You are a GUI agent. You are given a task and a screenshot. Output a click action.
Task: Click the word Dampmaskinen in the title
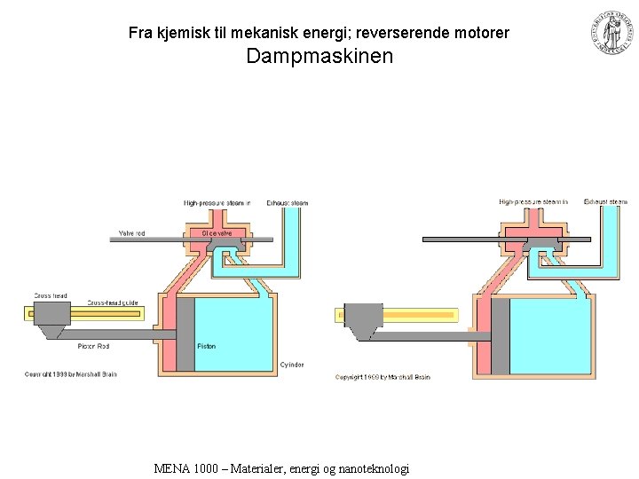pyautogui.click(x=319, y=58)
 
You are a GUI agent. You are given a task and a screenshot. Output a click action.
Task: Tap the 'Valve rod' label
pyautogui.click(x=132, y=233)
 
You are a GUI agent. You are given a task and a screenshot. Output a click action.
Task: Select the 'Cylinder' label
pyautogui.click(x=292, y=365)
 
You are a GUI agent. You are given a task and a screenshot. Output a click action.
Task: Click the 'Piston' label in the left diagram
pyautogui.click(x=206, y=346)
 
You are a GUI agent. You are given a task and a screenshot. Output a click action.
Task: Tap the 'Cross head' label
pyautogui.click(x=51, y=294)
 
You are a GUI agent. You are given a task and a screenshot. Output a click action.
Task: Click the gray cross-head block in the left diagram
pyautogui.click(x=51, y=313)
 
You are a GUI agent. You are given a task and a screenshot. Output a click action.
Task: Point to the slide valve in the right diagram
pyautogui.click(x=532, y=242)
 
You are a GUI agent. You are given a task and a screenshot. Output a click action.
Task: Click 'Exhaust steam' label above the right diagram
pyautogui.click(x=605, y=202)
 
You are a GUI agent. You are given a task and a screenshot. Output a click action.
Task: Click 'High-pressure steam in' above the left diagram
pyautogui.click(x=217, y=203)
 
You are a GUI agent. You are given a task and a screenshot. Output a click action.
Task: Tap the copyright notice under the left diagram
pyautogui.click(x=70, y=374)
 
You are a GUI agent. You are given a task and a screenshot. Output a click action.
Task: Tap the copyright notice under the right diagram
pyautogui.click(x=383, y=377)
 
